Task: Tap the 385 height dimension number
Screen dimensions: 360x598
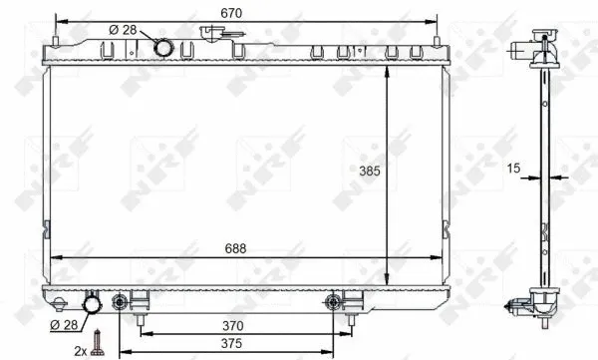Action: tap(371, 171)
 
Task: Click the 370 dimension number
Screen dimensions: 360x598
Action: tap(233, 325)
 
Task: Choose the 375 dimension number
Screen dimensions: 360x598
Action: tap(233, 344)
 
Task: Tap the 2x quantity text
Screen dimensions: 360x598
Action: tap(78, 349)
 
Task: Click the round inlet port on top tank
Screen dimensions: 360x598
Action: tap(162, 46)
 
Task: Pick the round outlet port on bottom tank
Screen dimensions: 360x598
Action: tap(94, 303)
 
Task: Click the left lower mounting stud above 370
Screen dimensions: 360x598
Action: tap(141, 318)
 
